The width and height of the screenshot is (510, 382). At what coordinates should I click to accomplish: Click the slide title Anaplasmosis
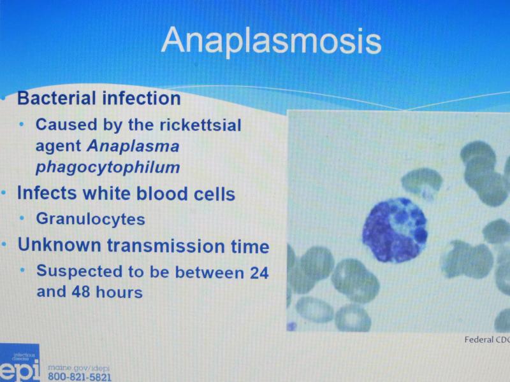pyautogui.click(x=272, y=41)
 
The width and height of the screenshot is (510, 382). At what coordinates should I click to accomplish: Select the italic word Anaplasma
pyautogui.click(x=133, y=146)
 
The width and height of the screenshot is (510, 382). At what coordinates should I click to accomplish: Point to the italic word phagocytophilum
pyautogui.click(x=108, y=167)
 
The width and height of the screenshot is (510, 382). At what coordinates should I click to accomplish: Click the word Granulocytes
pyautogui.click(x=91, y=218)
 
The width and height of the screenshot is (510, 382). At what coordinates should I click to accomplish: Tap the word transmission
pyautogui.click(x=166, y=245)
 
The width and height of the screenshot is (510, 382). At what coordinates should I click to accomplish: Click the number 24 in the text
pyautogui.click(x=259, y=272)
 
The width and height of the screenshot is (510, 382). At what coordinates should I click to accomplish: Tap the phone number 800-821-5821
pyautogui.click(x=79, y=377)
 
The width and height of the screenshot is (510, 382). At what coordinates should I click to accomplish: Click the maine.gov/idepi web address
pyautogui.click(x=78, y=368)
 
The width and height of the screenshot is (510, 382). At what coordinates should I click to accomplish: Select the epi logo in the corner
pyautogui.click(x=20, y=364)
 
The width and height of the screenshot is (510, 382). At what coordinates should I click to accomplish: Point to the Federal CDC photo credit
pyautogui.click(x=487, y=340)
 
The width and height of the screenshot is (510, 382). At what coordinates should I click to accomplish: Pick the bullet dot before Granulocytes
pyautogui.click(x=22, y=218)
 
